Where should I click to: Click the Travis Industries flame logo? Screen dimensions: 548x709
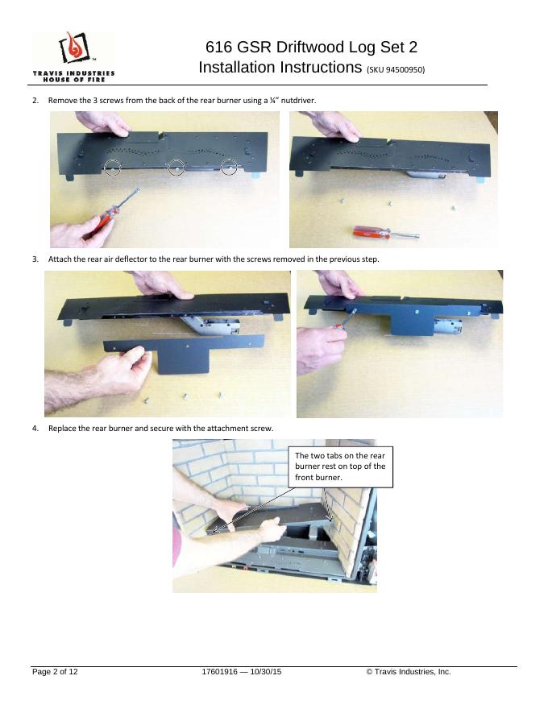(x=74, y=48)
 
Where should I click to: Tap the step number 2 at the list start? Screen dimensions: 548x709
(x=35, y=101)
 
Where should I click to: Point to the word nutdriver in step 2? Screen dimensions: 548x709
(x=298, y=101)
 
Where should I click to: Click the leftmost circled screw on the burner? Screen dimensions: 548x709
(x=112, y=168)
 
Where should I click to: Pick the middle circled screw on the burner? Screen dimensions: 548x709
(x=176, y=168)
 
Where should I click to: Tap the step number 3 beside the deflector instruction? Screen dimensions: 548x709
(x=35, y=259)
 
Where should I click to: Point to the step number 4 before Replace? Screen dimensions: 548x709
(x=35, y=428)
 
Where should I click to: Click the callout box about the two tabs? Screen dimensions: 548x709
(x=340, y=467)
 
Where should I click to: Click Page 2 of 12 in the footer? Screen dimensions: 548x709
(x=55, y=671)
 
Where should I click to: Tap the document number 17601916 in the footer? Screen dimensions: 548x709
(x=219, y=671)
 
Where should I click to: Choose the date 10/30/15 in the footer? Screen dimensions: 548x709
(x=265, y=671)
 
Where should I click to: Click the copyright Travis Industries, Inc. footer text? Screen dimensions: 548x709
(x=409, y=671)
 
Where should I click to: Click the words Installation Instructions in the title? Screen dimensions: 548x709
(x=280, y=68)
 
